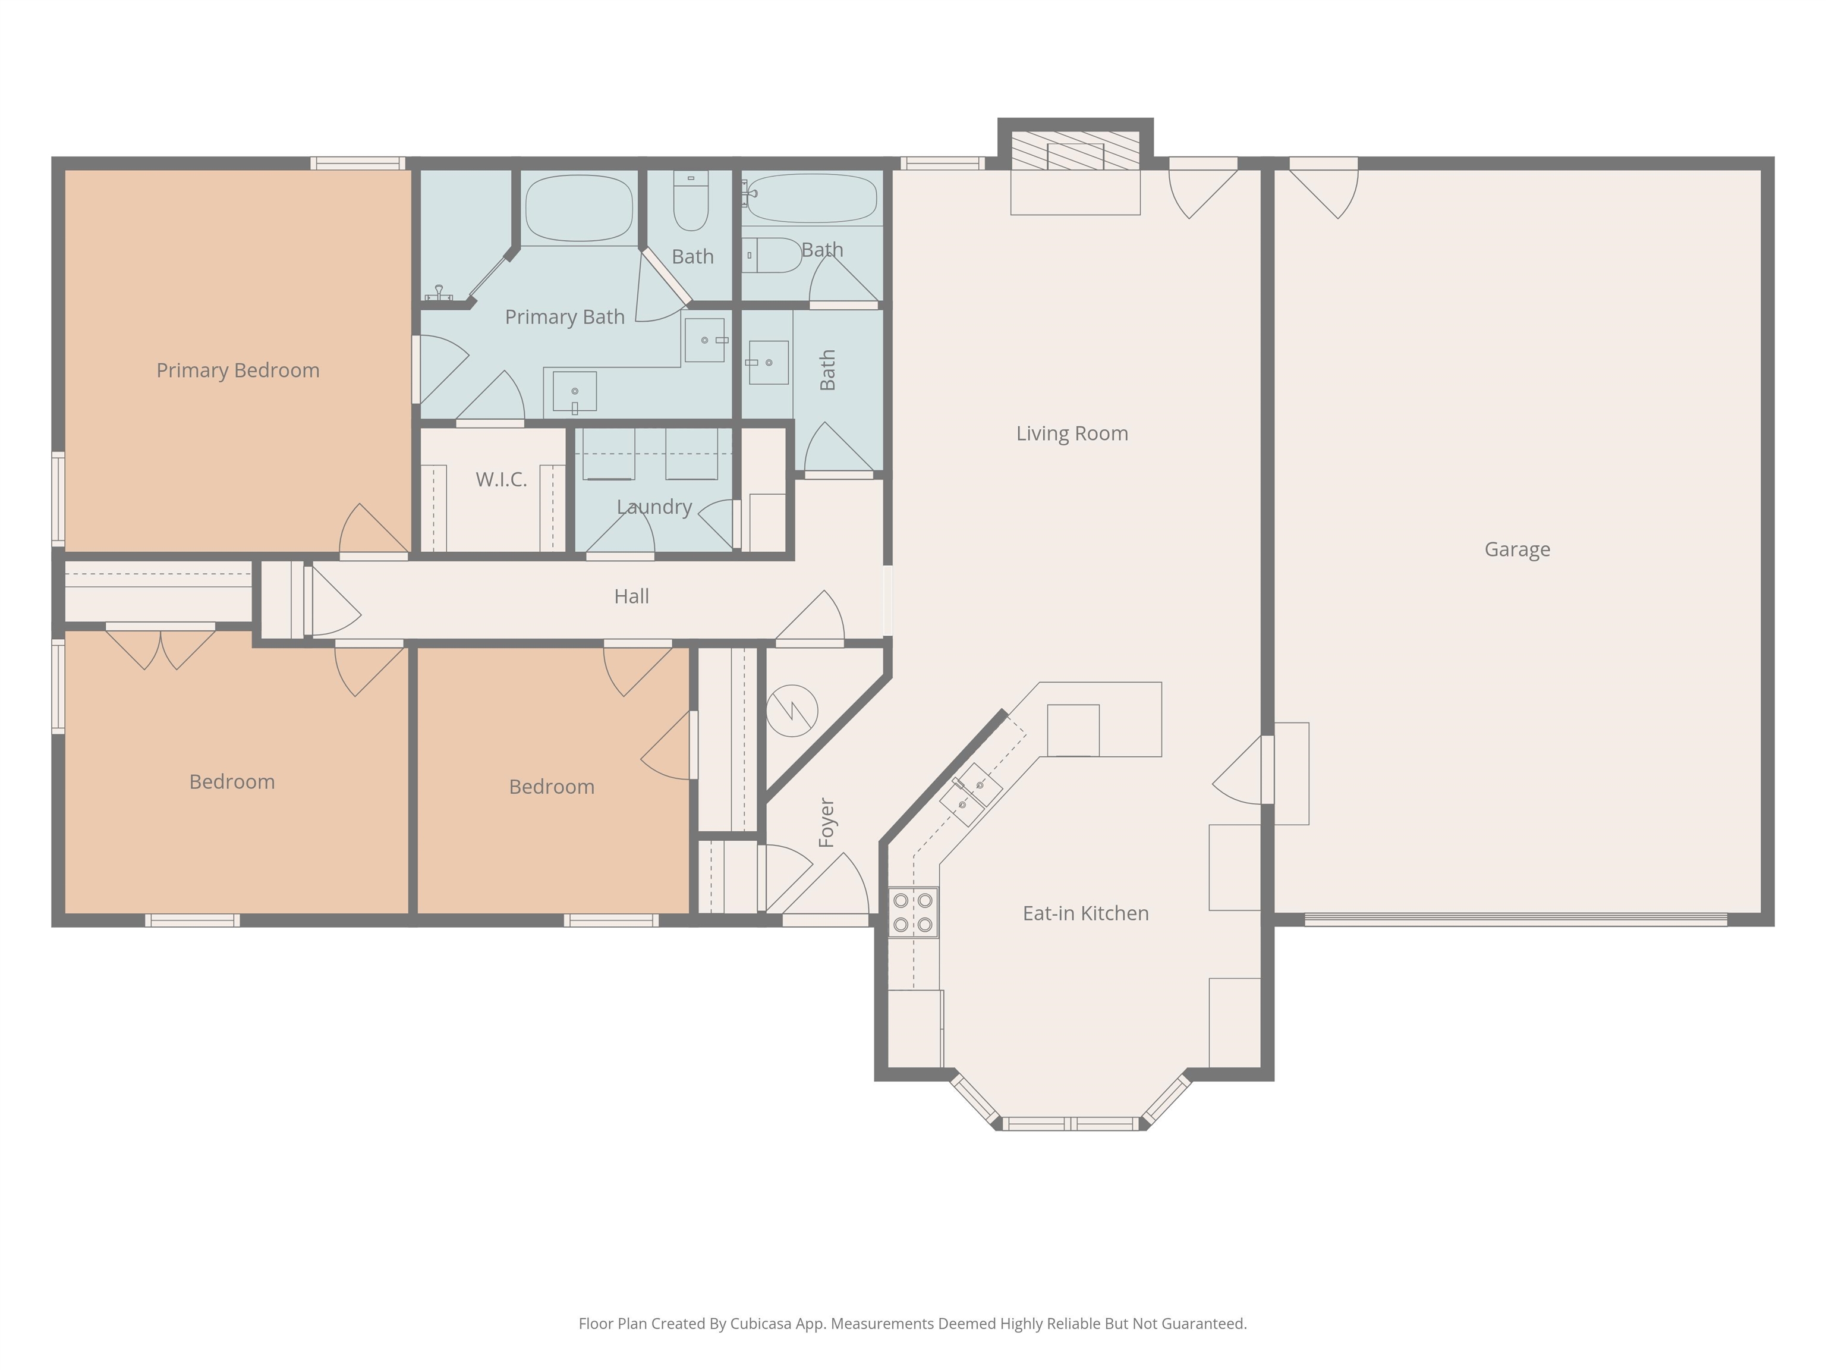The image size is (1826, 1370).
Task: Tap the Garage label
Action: pos(1518,550)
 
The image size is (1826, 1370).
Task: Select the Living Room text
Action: pos(1072,433)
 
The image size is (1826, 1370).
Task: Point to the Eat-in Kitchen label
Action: pos(1085,913)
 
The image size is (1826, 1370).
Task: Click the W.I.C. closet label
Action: pos(501,480)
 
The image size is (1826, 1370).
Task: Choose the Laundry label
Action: pos(654,507)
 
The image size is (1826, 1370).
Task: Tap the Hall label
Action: pos(631,596)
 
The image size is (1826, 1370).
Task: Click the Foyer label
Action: pos(826,822)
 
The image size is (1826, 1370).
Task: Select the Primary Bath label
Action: pos(565,317)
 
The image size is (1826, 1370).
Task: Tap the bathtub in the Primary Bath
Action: pos(579,208)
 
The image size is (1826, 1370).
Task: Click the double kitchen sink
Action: pos(971,794)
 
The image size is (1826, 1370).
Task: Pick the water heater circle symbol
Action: pos(792,710)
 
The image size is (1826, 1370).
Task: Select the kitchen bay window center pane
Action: pos(1070,1124)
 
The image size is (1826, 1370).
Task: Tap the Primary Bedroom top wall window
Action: pos(357,164)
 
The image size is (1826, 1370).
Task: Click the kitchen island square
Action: pos(1073,730)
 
